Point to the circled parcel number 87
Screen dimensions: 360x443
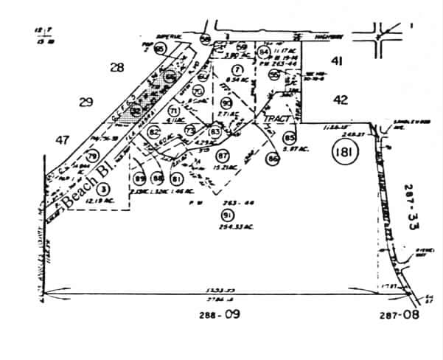click(x=222, y=156)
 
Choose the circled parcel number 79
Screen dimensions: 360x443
click(x=92, y=156)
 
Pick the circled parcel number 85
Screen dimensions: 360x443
click(x=289, y=138)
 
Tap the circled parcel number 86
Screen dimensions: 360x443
click(x=273, y=158)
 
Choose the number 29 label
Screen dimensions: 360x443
click(x=86, y=103)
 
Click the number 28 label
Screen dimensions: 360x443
click(x=116, y=68)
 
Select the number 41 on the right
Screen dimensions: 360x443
click(x=338, y=62)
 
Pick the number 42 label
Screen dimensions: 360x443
click(x=340, y=99)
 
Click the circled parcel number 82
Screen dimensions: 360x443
click(x=154, y=133)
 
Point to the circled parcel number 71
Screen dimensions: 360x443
click(x=174, y=111)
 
